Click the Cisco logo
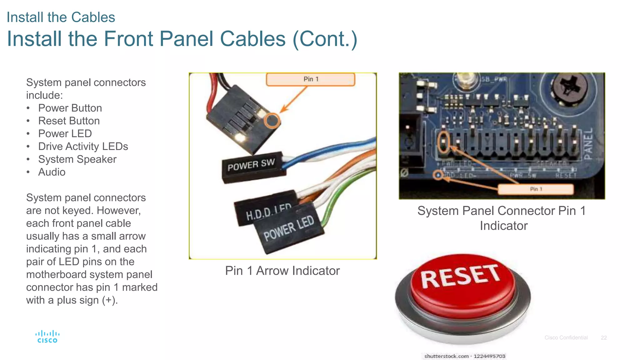click(47, 337)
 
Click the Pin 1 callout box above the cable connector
click(310, 79)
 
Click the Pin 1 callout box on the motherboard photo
click(536, 189)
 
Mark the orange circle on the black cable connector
click(272, 121)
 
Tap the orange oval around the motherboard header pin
click(443, 142)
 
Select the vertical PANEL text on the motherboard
click(588, 144)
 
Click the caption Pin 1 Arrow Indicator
click(282, 271)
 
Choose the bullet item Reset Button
click(69, 121)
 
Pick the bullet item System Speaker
click(77, 159)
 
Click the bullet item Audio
click(52, 172)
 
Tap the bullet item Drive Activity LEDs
click(83, 147)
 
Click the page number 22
click(603, 338)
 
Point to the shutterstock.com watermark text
click(464, 356)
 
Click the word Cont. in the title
click(325, 39)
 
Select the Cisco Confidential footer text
click(566, 338)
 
